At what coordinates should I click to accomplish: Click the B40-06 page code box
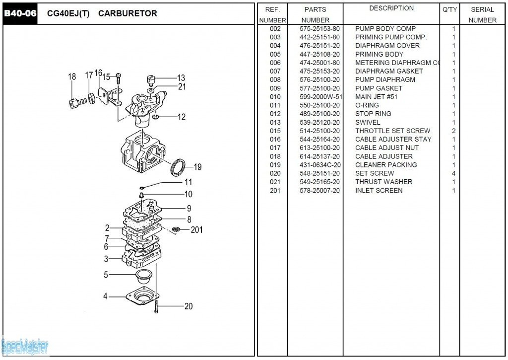20,13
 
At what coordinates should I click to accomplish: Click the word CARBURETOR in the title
127,13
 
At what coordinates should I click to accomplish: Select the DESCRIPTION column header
391,8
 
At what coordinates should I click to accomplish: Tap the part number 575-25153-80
319,29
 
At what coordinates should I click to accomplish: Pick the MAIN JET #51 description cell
376,97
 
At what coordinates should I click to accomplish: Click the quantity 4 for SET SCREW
453,173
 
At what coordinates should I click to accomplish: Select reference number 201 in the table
275,190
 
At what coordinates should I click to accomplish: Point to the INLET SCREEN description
379,190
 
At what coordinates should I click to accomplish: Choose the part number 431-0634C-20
319,165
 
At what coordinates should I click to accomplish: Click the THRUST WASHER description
383,182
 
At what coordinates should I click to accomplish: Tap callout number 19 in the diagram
197,167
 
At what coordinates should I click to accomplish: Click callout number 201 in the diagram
196,230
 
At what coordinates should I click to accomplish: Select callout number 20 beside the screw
189,306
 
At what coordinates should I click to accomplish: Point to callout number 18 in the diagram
72,76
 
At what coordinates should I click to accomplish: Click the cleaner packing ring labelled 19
177,166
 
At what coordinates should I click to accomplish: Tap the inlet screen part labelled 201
175,229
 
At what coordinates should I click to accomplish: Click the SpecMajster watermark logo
25,346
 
